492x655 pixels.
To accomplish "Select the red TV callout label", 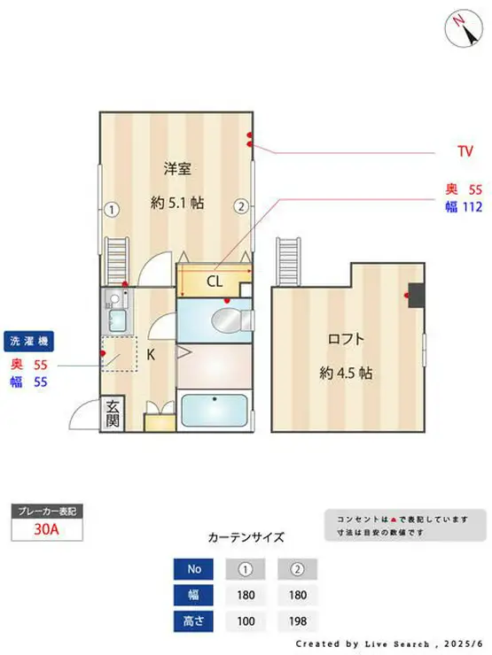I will point(465,152).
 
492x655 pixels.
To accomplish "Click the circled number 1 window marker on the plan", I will point(111,210).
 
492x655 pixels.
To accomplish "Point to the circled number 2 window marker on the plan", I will point(240,206).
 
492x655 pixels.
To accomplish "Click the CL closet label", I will point(215,282).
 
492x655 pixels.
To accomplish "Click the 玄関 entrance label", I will point(113,413).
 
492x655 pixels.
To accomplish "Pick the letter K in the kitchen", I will point(151,355).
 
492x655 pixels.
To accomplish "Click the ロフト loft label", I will point(347,338).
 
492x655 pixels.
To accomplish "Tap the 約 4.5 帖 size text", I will point(346,373).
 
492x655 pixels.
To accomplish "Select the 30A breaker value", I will point(47,531).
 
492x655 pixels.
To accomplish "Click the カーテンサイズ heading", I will point(246,536).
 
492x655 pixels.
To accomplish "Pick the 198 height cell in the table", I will point(297,621).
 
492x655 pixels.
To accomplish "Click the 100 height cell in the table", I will point(246,621).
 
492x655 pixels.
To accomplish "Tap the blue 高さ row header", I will point(194,621).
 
